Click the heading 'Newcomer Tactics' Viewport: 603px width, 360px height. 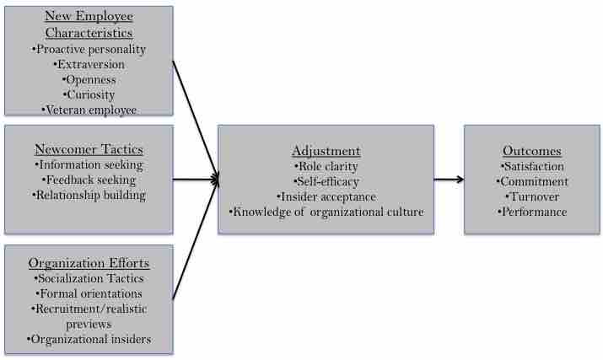(89, 149)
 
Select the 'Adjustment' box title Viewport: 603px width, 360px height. (326, 151)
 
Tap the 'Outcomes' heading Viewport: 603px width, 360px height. (532, 151)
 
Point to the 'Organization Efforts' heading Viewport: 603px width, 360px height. (89, 261)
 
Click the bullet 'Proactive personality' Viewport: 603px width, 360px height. (89, 49)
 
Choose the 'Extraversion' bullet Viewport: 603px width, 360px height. (89, 64)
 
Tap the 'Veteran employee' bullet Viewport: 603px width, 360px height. (89, 110)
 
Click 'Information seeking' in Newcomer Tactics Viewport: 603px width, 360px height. (89, 164)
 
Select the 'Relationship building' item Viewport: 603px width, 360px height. (89, 195)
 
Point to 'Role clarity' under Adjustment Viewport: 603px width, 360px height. (326, 166)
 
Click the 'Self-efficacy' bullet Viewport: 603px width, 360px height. (326, 181)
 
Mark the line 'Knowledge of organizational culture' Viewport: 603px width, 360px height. (326, 212)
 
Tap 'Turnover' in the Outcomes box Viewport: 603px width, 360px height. (532, 196)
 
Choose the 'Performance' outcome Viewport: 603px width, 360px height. (532, 212)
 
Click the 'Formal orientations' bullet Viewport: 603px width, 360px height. (89, 293)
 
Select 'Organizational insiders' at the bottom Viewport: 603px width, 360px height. (89, 339)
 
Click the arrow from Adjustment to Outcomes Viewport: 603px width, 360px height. (449, 179)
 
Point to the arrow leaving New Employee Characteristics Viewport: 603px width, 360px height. (196, 118)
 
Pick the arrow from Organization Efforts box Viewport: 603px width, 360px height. (196, 240)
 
